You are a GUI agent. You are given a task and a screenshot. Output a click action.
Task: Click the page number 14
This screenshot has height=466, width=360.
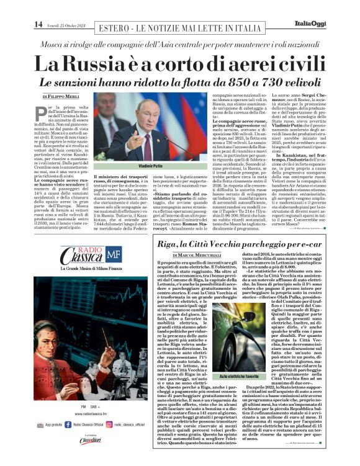coord(38,24)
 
